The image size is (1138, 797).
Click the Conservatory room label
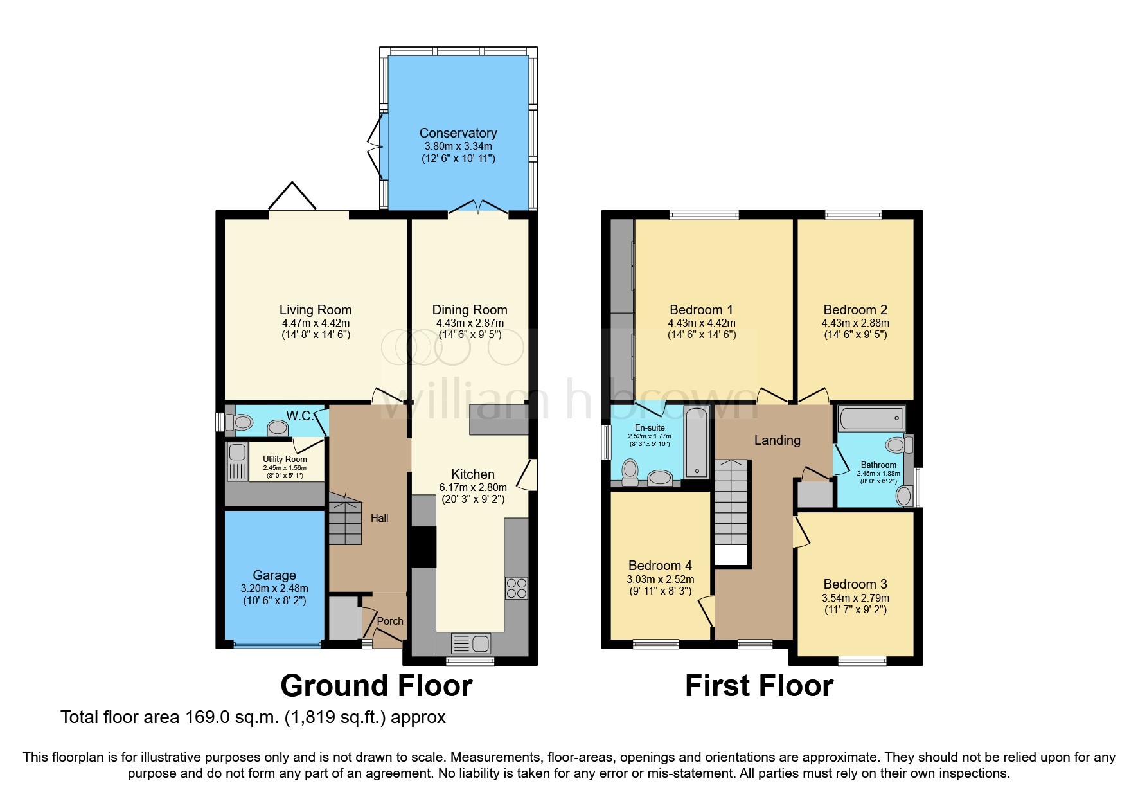click(458, 133)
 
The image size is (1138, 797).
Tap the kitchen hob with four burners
click(517, 588)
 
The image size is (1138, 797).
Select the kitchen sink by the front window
click(471, 643)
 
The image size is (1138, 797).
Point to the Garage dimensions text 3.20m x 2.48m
click(274, 588)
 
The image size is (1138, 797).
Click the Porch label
click(389, 621)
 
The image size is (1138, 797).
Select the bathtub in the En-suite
click(697, 442)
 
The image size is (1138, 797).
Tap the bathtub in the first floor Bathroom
click(871, 419)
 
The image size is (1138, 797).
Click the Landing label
click(777, 440)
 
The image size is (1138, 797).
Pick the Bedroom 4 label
click(660, 566)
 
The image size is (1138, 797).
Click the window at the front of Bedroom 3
click(862, 660)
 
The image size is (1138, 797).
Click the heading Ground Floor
click(377, 686)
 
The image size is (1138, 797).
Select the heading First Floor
click(759, 686)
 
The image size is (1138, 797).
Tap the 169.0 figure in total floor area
click(207, 717)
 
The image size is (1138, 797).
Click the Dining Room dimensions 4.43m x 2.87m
click(470, 323)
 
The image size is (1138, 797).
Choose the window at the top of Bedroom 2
click(853, 215)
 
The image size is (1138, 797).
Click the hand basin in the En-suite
click(660, 478)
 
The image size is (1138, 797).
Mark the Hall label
click(379, 518)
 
